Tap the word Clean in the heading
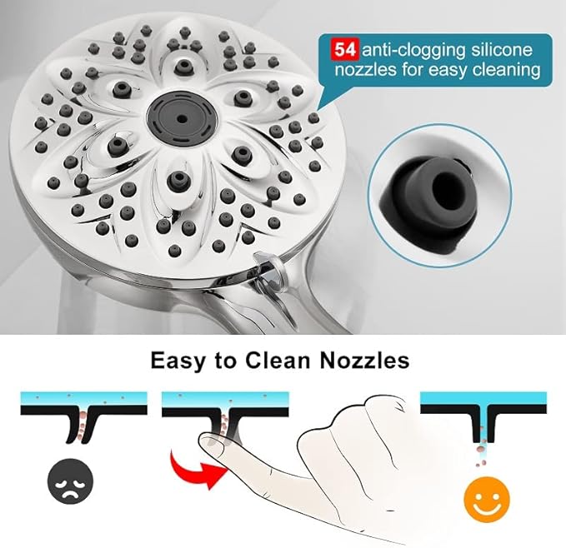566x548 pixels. pyautogui.click(x=276, y=361)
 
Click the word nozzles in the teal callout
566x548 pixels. pyautogui.click(x=363, y=71)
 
